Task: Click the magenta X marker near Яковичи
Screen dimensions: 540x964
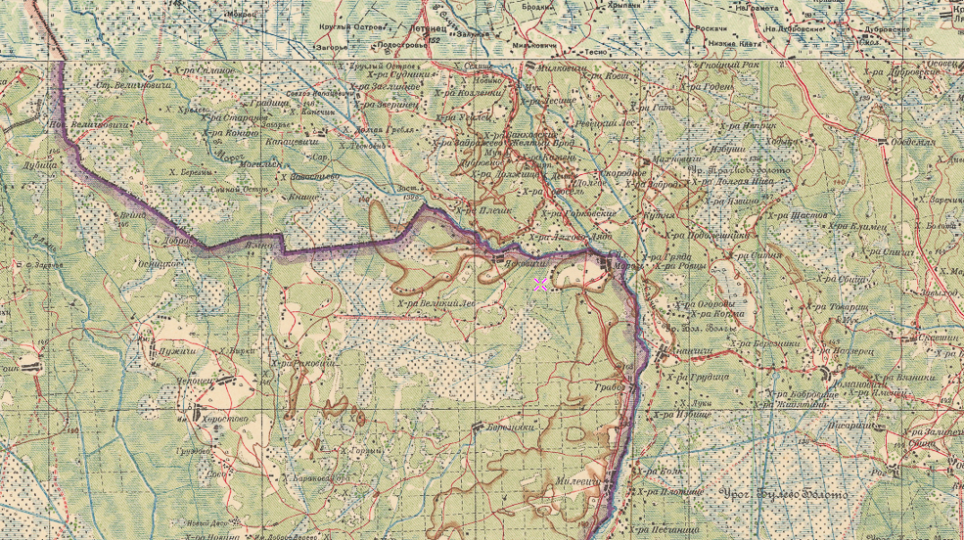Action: point(540,285)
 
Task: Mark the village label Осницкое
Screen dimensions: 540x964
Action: point(160,262)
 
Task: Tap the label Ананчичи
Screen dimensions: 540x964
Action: point(689,348)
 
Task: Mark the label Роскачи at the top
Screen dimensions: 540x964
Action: point(710,29)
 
